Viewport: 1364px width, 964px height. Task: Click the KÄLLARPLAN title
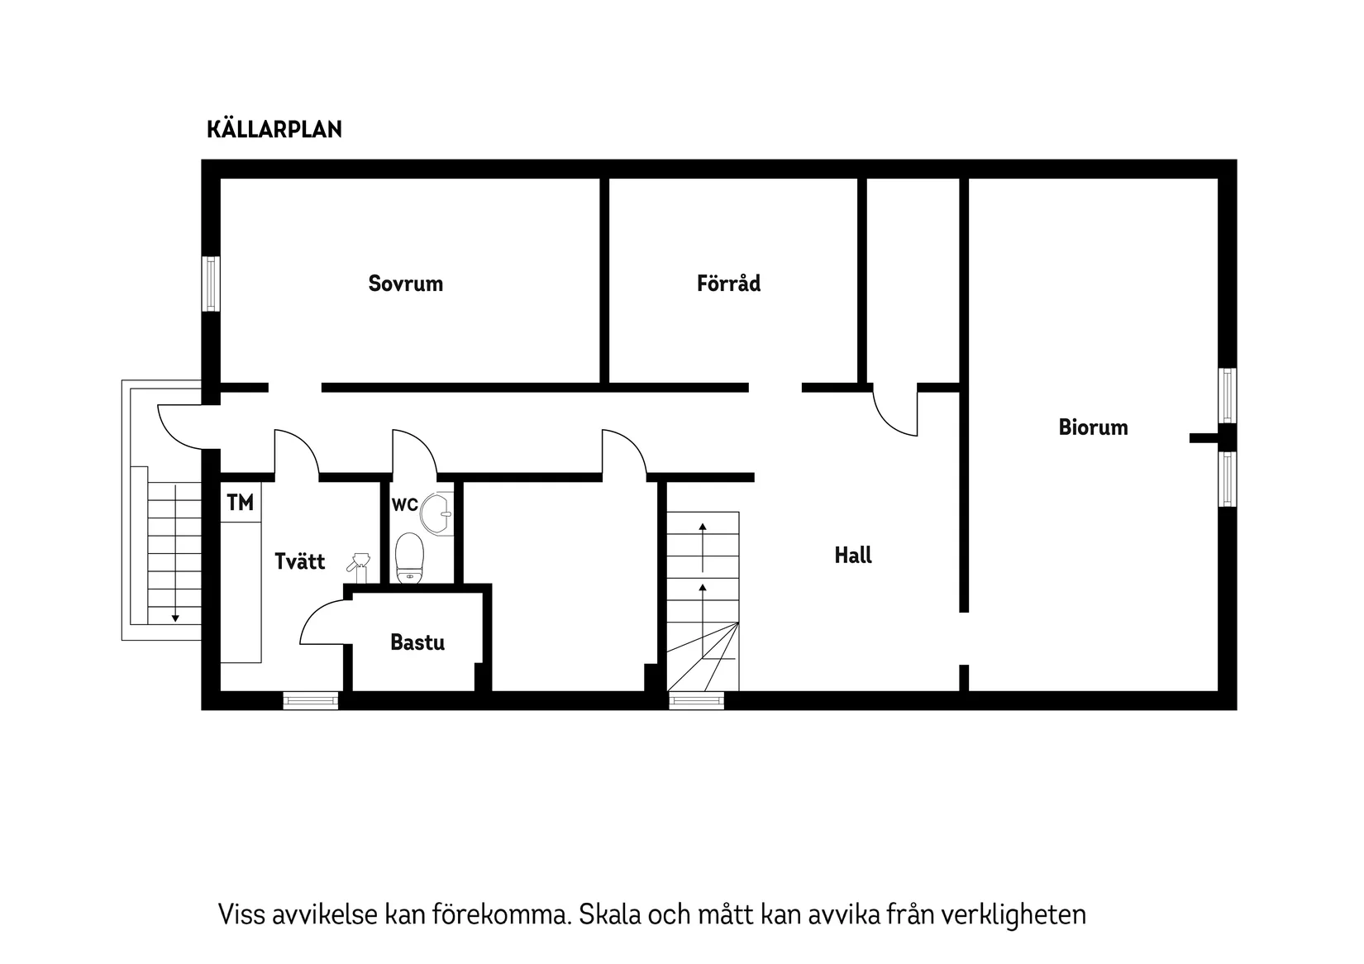point(274,130)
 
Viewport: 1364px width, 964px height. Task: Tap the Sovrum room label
point(405,284)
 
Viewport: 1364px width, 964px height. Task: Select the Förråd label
point(728,284)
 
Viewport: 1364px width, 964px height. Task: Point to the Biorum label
point(1093,427)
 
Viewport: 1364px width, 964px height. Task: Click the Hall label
point(853,556)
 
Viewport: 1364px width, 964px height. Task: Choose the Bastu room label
point(417,642)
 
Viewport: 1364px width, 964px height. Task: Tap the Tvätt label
point(299,562)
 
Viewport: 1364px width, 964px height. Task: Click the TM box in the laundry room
point(240,503)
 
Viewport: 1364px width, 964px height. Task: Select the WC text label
point(404,504)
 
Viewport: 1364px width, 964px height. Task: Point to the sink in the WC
point(437,514)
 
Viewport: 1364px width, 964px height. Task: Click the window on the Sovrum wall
point(212,284)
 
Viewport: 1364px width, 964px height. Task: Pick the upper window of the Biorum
point(1228,396)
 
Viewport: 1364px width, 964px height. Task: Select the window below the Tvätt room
point(311,700)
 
